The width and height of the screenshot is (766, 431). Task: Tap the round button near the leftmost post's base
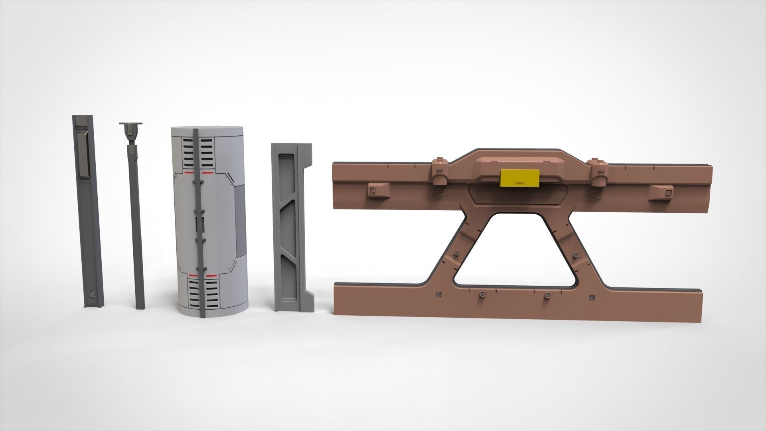(x=93, y=295)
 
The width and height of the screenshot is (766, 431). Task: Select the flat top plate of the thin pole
(x=130, y=124)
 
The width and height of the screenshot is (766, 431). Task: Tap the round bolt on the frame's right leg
(x=575, y=255)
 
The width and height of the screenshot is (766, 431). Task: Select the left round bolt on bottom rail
(x=482, y=295)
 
